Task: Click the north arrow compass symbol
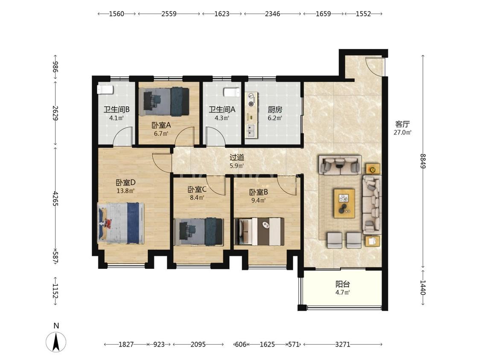(x=56, y=342)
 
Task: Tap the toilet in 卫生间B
(x=105, y=90)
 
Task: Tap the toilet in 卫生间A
(x=231, y=92)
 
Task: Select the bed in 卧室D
(x=121, y=223)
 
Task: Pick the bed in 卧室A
(x=164, y=102)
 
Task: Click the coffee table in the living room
(x=344, y=203)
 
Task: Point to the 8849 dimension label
(x=423, y=161)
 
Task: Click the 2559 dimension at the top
(x=169, y=14)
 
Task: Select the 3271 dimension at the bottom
(x=342, y=344)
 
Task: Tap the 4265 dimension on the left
(x=55, y=198)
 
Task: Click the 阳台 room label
(x=343, y=284)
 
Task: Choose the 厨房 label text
(x=275, y=109)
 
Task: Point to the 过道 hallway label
(x=237, y=157)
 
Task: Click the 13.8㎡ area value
(x=125, y=191)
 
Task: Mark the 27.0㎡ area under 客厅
(x=402, y=132)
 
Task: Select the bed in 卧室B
(x=259, y=231)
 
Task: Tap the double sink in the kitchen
(x=252, y=131)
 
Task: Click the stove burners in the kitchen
(x=252, y=100)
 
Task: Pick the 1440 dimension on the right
(x=423, y=287)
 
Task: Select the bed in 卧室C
(x=199, y=232)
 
